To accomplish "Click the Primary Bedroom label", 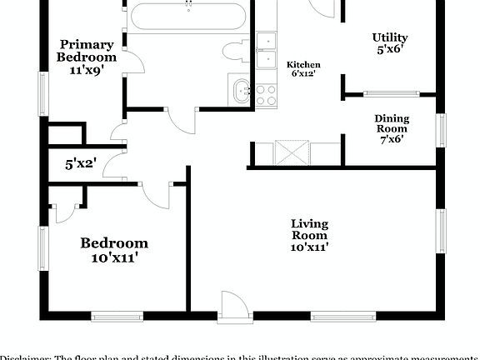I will pos(87,51).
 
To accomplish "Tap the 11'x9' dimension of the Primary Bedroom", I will pos(87,71).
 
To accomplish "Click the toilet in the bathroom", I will pos(235,50).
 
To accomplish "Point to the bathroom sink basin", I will pos(241,89).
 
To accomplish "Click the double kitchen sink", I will pos(267,50).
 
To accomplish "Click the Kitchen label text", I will pos(303,65).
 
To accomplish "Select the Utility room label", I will pos(389,37).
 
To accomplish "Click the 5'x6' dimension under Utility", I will pos(389,50).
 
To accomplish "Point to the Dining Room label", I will pos(391,123).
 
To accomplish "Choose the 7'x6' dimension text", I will pos(391,139).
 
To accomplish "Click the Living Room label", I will pos(309,229).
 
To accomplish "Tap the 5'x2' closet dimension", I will pos(82,165).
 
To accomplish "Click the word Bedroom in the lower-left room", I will pos(114,243).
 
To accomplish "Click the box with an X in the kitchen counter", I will pos(293,154).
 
